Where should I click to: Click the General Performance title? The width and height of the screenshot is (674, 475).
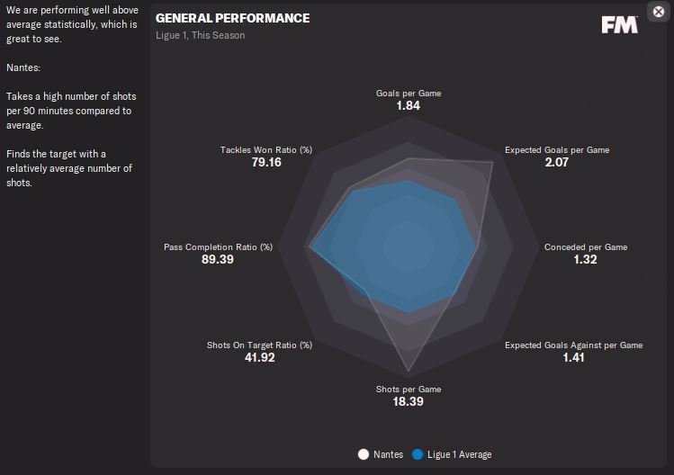tap(232, 18)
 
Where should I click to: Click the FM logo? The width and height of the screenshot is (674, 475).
tap(619, 24)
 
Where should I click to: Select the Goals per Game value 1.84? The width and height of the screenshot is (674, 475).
tap(408, 106)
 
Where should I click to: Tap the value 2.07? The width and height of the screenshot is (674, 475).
tap(556, 163)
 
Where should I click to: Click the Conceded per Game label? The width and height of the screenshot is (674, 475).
tap(586, 247)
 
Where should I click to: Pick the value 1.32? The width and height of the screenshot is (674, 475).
tap(585, 260)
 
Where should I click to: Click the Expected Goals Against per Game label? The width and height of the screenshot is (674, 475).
tap(573, 345)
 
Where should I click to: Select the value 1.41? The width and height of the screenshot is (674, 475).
tap(573, 358)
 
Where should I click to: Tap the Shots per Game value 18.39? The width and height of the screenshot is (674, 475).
tap(408, 402)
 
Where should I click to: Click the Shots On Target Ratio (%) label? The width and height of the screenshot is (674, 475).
tap(259, 345)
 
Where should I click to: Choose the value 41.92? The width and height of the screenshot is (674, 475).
tap(258, 358)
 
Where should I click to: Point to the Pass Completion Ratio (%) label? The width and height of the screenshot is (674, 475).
tap(218, 247)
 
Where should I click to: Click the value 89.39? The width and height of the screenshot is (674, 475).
tap(218, 260)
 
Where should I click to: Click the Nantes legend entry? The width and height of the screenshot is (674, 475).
tap(382, 454)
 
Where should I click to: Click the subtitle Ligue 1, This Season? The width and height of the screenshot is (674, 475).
tap(200, 36)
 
